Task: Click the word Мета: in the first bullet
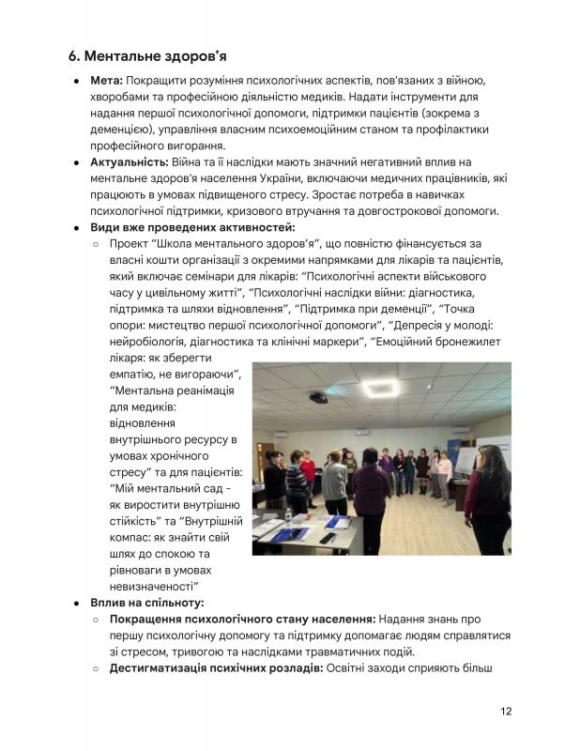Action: click(x=106, y=82)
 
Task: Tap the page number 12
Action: click(x=506, y=711)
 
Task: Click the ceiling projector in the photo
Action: click(x=319, y=398)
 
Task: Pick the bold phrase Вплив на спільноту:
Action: click(x=147, y=602)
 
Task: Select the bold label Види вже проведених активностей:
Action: click(x=192, y=227)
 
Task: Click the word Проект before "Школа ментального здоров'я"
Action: click(x=133, y=243)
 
